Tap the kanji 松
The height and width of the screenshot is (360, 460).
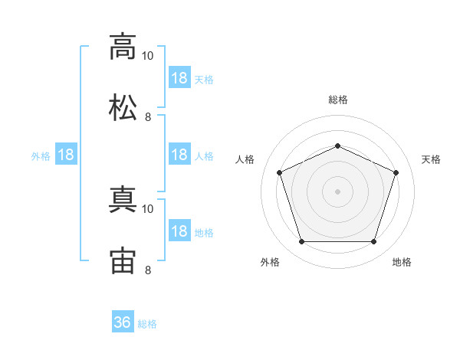point(123,107)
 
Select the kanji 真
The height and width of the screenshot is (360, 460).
point(123,199)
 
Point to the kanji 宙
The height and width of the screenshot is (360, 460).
point(123,260)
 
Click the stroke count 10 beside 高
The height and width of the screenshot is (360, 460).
point(148,55)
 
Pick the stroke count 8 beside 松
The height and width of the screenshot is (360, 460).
point(148,116)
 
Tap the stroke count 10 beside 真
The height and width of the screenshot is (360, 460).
point(148,208)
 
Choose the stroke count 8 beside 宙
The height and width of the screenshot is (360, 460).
point(148,270)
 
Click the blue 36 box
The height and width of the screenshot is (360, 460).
point(123,322)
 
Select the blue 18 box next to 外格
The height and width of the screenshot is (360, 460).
point(66,155)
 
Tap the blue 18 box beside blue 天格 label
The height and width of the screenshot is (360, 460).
point(179,78)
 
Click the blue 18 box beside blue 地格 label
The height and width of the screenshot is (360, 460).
point(179,231)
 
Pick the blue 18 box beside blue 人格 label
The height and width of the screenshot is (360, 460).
point(179,155)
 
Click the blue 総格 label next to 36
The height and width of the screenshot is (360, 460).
point(147,324)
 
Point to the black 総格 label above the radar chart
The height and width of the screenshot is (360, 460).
point(337,100)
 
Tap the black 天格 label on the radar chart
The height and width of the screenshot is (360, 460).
point(431,159)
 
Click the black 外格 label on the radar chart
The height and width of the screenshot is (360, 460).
point(270,262)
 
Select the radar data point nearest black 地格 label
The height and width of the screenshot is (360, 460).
point(373,241)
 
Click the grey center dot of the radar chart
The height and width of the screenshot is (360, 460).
point(337,191)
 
